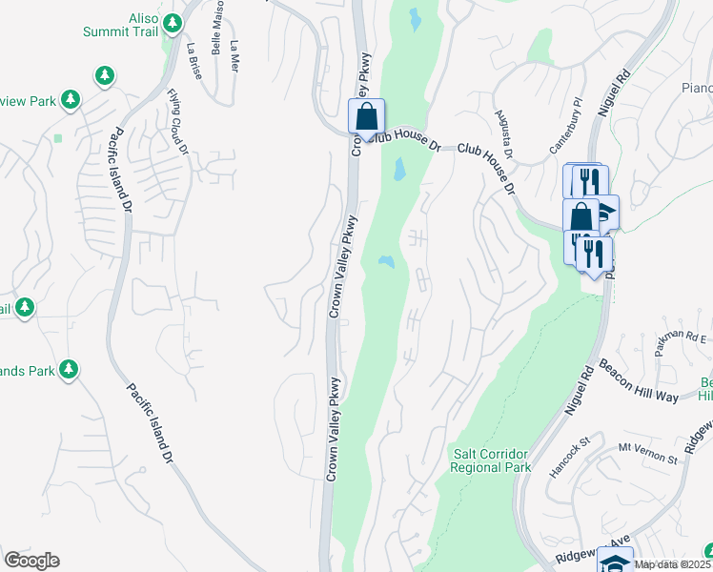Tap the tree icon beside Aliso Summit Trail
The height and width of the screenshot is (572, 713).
point(173,22)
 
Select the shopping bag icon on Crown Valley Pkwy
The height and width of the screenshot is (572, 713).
point(367,118)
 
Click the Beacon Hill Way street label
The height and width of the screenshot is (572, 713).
point(638,382)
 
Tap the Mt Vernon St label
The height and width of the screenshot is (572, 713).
point(647,453)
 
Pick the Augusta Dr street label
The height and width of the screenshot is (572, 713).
point(503,134)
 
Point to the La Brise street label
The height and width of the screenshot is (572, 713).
point(194,61)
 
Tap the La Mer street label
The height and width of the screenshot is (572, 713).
point(234,56)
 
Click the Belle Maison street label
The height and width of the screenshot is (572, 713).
point(217,31)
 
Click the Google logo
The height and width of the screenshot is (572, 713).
point(31,561)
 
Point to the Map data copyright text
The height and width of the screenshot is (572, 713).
point(672,564)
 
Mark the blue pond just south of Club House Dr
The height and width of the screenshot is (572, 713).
point(397,171)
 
